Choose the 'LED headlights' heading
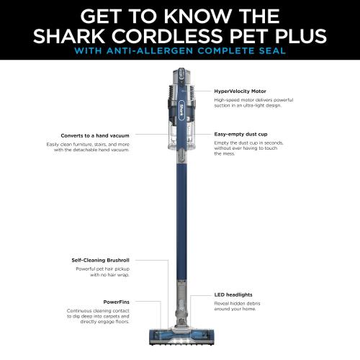(233, 294)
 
